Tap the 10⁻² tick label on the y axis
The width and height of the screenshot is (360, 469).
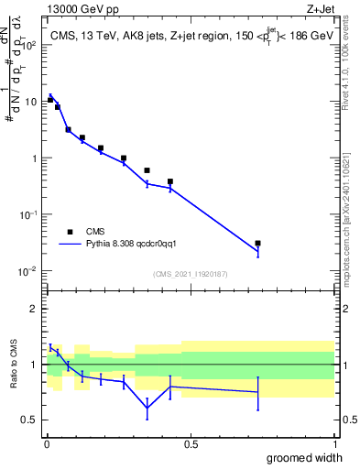click(29, 271)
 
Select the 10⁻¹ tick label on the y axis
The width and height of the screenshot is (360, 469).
click(29, 214)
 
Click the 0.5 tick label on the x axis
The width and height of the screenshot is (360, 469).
click(191, 443)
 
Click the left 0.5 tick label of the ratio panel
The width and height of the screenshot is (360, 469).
click(30, 420)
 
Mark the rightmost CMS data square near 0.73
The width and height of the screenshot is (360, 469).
click(258, 244)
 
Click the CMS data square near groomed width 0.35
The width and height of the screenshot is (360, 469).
click(147, 170)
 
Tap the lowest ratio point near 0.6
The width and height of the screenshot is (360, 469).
click(147, 406)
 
